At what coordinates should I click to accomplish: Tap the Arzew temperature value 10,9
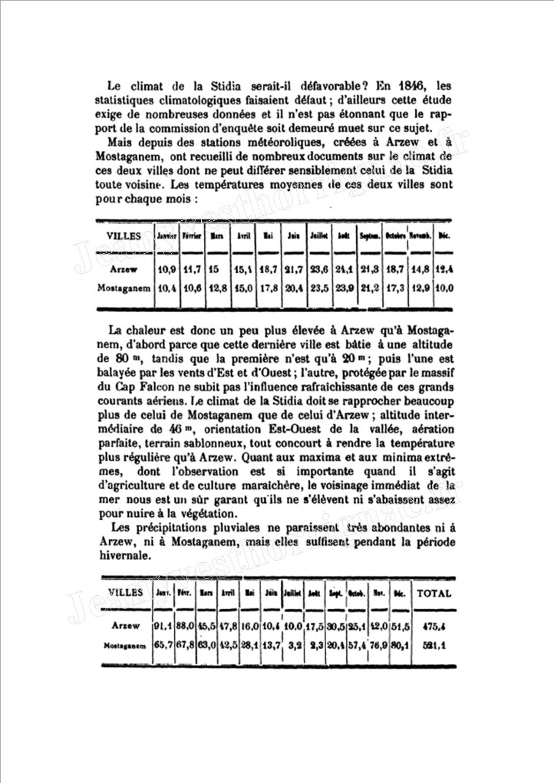(x=167, y=271)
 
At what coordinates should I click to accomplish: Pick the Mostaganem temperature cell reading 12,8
(x=217, y=288)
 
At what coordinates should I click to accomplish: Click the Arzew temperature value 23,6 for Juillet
(x=318, y=271)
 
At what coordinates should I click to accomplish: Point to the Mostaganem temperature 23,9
(x=344, y=288)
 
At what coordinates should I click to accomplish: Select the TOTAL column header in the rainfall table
(x=434, y=593)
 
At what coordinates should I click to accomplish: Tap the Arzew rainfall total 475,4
(x=434, y=627)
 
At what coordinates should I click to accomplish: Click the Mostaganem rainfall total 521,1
(x=434, y=645)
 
